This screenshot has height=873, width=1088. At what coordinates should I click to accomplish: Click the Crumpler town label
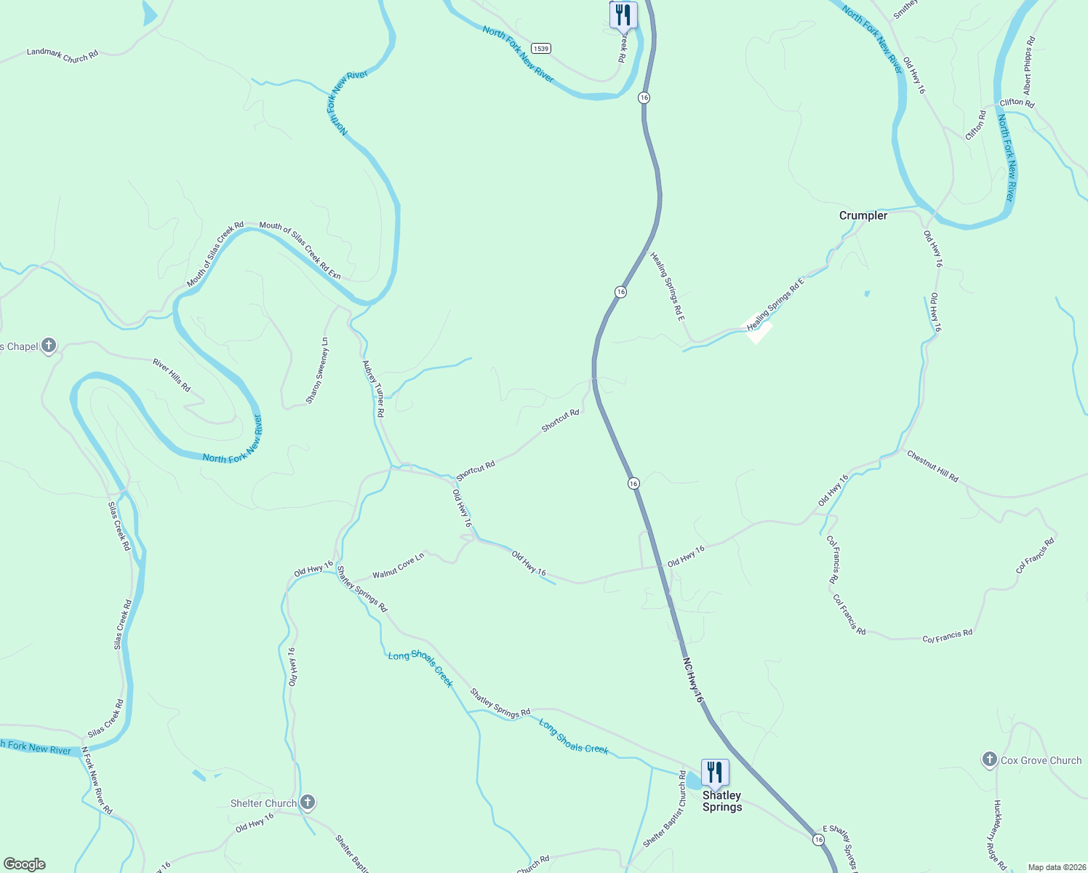point(863,215)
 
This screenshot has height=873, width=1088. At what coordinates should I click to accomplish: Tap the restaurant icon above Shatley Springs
point(715,773)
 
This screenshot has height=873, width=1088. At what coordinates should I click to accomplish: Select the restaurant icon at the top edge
point(623,14)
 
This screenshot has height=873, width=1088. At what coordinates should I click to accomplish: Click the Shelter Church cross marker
point(308,802)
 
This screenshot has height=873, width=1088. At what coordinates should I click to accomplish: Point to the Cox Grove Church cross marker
point(989,760)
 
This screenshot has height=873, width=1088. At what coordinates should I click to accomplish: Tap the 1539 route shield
point(540,49)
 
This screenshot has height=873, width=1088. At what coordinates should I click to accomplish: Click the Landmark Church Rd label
point(63,55)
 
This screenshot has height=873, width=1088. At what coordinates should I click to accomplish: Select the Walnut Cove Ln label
point(398,566)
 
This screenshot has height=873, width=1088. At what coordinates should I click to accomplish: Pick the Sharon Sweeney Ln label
point(317,370)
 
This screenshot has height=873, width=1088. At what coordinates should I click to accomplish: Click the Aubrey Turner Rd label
point(374,388)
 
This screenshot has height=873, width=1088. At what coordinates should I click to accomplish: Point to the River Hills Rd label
point(172,375)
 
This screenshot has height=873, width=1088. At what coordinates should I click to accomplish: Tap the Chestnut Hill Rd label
point(932,466)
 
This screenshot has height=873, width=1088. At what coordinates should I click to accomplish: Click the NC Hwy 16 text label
point(693,680)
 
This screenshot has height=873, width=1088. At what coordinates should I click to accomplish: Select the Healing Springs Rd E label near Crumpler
point(776,304)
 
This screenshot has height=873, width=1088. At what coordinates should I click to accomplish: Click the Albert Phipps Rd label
point(1028,65)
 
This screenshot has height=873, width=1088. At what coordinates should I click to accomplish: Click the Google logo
point(25,864)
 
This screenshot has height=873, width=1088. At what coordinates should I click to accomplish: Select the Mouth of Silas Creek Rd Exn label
point(300,250)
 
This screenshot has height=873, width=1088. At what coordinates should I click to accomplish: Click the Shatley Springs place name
point(722,801)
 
